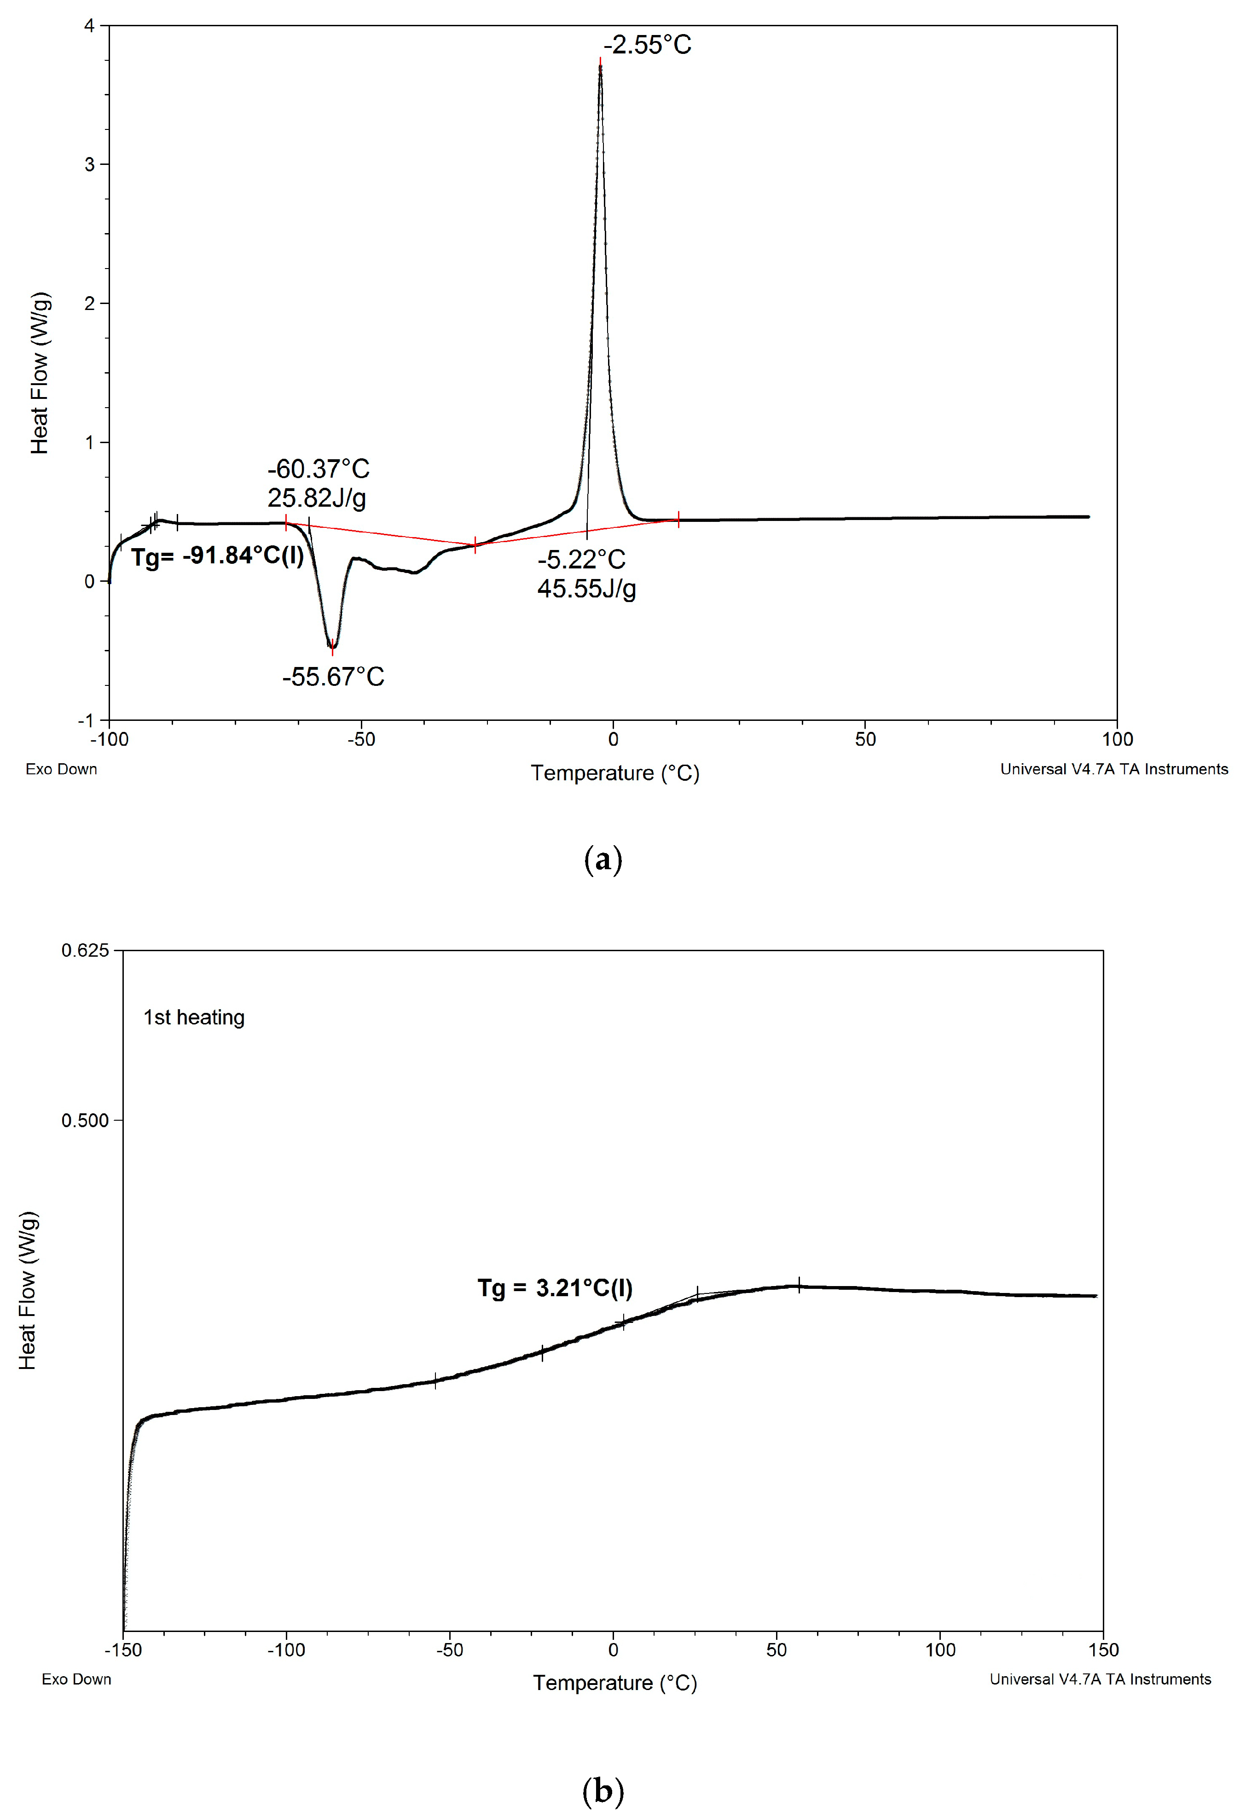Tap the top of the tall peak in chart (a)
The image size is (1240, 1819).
[x=600, y=66]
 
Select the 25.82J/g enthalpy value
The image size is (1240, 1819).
[x=317, y=498]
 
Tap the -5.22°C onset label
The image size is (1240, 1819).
[x=581, y=560]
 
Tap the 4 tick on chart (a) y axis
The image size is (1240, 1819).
[x=89, y=26]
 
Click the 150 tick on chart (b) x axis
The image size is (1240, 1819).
[x=1103, y=1650]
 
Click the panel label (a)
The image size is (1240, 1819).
[x=603, y=860]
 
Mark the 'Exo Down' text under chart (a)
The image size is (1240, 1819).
[x=61, y=769]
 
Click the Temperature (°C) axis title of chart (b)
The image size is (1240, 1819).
[x=615, y=1683]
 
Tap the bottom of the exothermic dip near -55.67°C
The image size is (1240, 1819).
[x=332, y=647]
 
